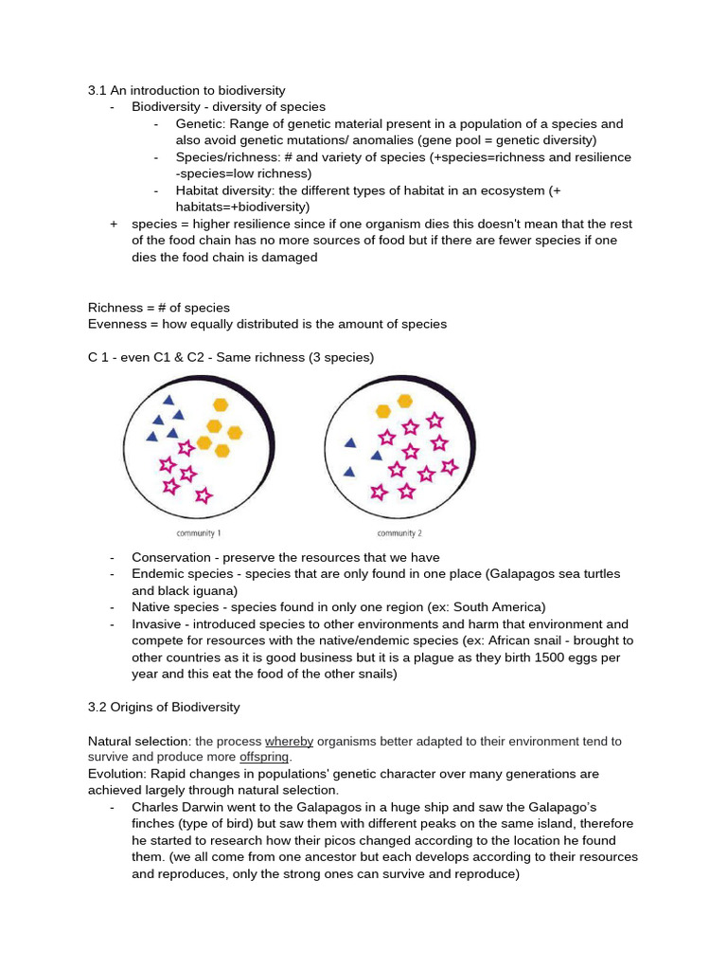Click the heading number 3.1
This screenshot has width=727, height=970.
tap(97, 91)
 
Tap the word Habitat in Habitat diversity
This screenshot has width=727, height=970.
tap(199, 190)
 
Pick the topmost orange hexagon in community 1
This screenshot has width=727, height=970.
tap(221, 404)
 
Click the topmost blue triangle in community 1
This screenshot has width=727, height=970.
tap(168, 401)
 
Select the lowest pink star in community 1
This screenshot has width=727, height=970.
tap(203, 494)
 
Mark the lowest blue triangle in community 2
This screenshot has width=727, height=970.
tap(349, 471)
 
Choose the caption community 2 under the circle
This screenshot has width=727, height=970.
tap(399, 532)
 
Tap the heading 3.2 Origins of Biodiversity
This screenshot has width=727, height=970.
tap(164, 707)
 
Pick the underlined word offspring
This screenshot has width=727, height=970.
tap(264, 758)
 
